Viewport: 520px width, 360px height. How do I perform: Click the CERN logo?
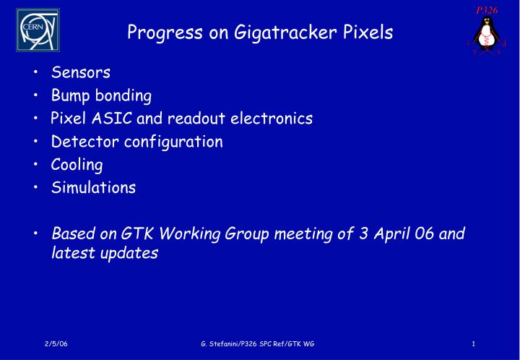pyautogui.click(x=38, y=30)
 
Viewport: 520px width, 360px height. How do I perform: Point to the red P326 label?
pyautogui.click(x=485, y=9)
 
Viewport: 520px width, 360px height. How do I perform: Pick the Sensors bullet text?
pyautogui.click(x=80, y=72)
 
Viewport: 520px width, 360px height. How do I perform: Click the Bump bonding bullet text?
pyautogui.click(x=101, y=95)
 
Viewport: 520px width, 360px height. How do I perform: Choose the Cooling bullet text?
pyautogui.click(x=77, y=165)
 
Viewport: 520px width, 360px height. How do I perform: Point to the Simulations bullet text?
pyautogui.click(x=93, y=188)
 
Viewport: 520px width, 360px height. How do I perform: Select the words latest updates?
pyautogui.click(x=105, y=254)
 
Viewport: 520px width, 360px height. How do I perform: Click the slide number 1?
pyautogui.click(x=472, y=343)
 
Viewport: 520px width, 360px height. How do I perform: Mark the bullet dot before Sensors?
pyautogui.click(x=36, y=73)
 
